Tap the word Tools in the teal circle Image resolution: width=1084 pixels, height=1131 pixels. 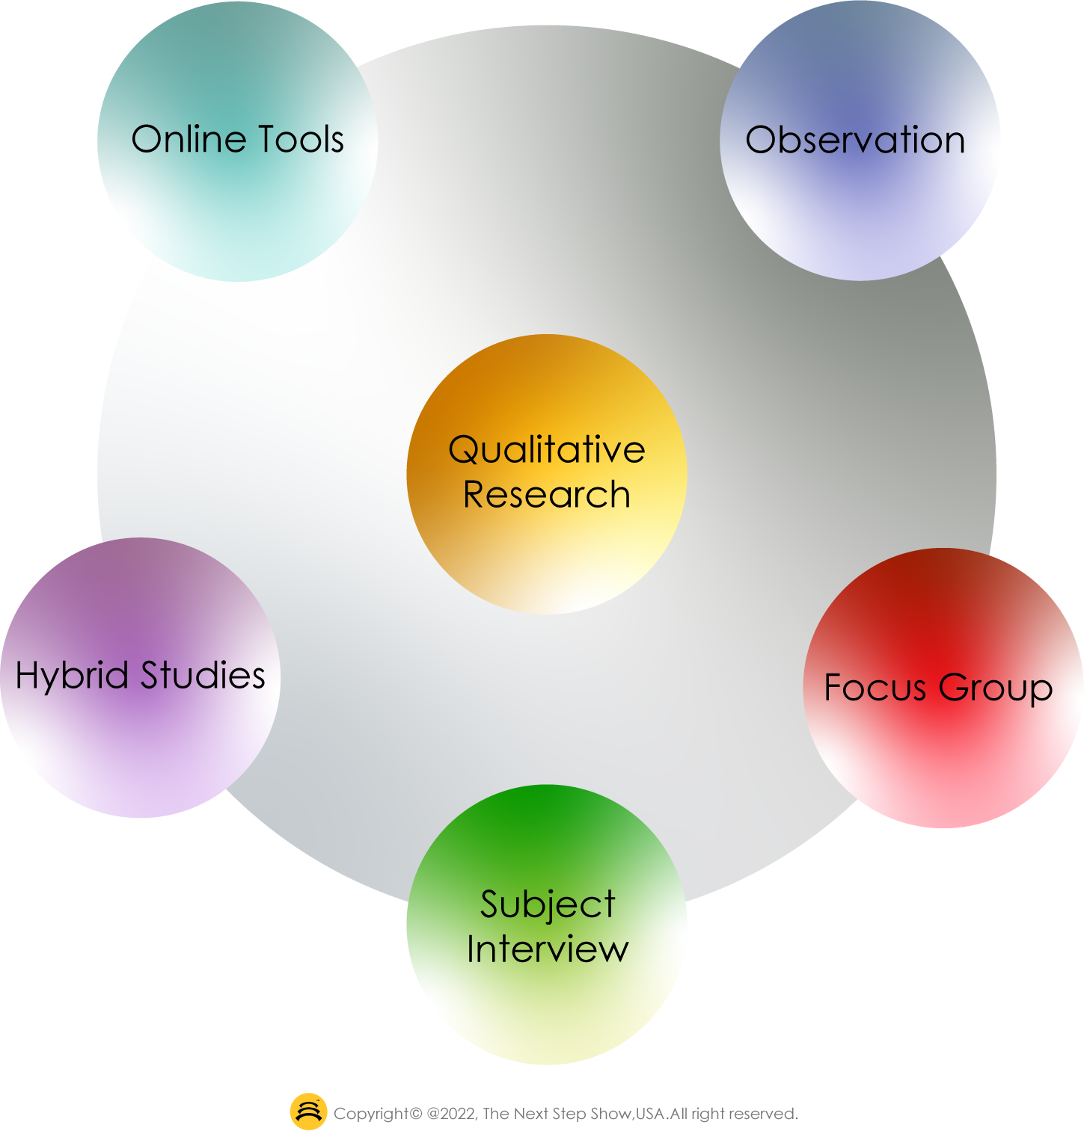(x=300, y=140)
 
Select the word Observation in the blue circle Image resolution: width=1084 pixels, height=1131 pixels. (x=855, y=141)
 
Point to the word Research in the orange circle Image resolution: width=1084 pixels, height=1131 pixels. (x=546, y=495)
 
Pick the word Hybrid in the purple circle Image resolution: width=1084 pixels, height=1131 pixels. (x=72, y=677)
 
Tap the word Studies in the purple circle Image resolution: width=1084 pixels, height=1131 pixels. (x=203, y=675)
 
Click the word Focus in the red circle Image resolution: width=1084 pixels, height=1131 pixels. (x=875, y=688)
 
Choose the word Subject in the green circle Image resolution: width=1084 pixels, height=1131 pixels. (x=548, y=905)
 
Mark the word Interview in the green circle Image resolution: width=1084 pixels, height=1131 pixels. (x=548, y=949)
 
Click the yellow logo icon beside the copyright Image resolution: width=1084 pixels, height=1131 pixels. (x=308, y=1112)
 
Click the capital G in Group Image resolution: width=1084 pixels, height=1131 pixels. (x=952, y=687)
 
